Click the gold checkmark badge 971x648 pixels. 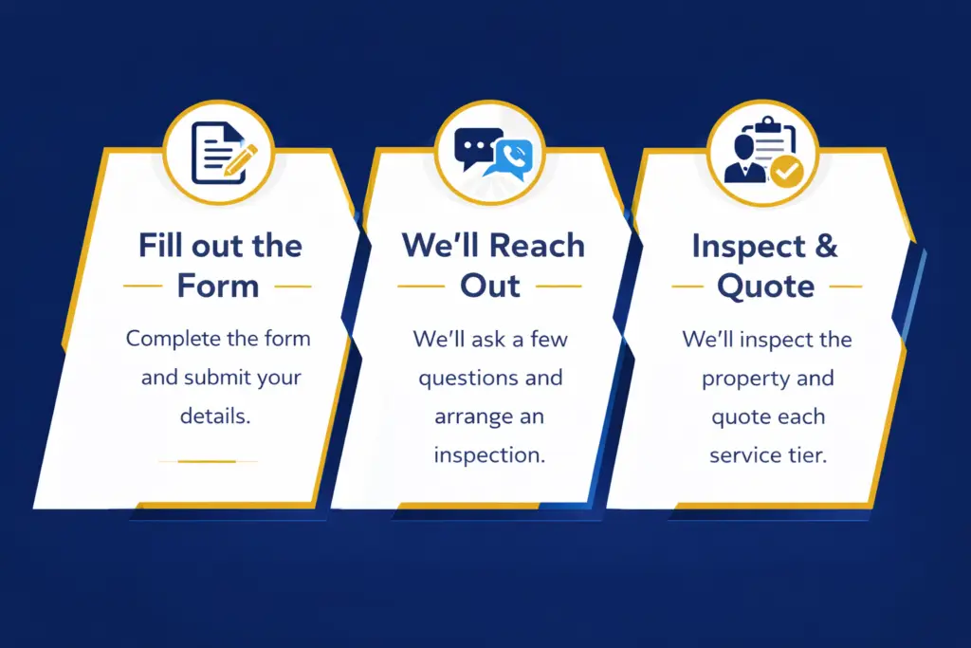(x=785, y=172)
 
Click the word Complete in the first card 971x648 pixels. (x=174, y=338)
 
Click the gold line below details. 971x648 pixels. (x=207, y=461)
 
